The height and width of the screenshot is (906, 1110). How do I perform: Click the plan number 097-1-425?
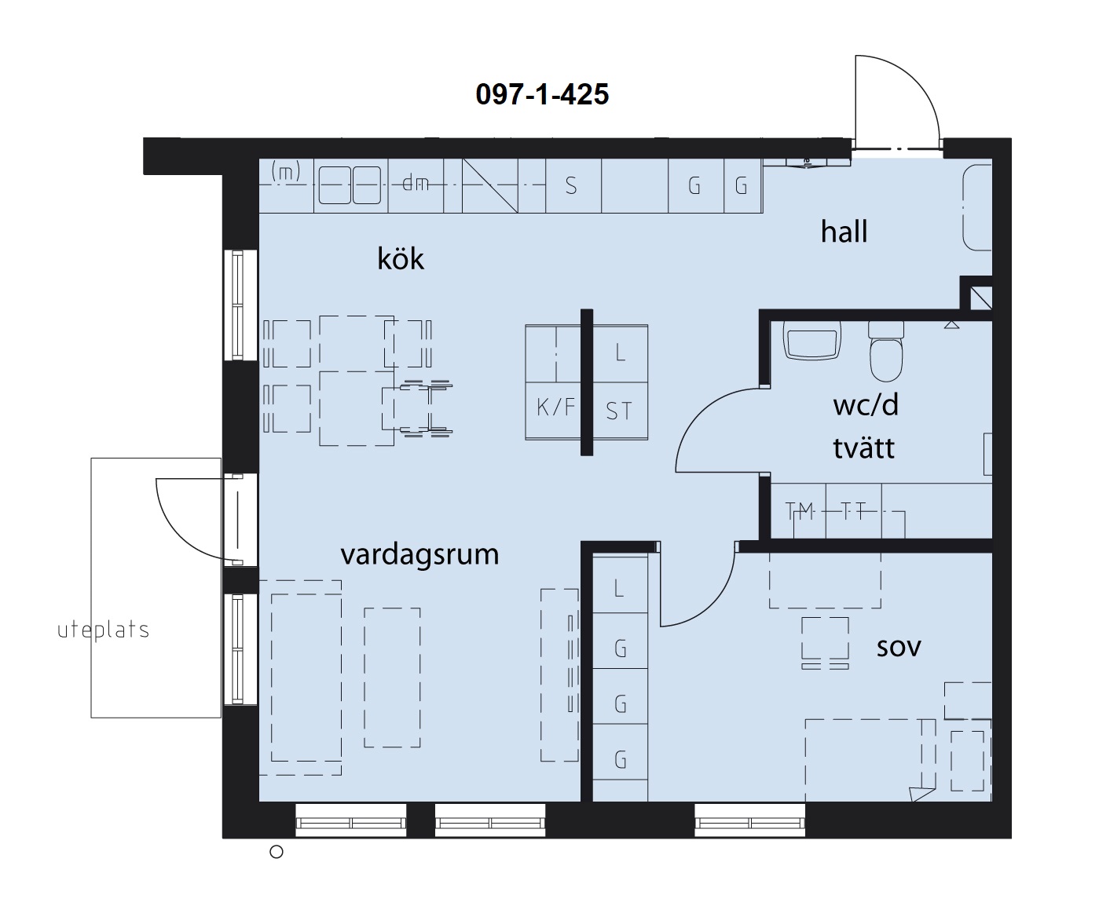click(541, 95)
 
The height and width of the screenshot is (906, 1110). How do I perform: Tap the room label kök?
click(401, 259)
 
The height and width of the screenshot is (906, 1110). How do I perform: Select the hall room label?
click(844, 232)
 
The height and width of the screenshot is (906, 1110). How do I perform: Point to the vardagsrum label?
click(419, 554)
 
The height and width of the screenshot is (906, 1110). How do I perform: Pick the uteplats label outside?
click(103, 630)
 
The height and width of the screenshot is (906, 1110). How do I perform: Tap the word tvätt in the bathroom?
click(863, 448)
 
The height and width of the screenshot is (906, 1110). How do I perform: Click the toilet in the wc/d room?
click(886, 351)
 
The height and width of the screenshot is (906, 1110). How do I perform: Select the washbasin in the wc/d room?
click(811, 341)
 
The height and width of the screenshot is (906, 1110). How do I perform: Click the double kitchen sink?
click(350, 185)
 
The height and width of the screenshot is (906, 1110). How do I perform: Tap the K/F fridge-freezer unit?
click(555, 407)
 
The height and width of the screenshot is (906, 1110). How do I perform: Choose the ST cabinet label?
click(618, 411)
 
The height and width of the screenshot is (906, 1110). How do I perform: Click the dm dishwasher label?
click(416, 184)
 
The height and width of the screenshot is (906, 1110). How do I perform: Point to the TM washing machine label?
click(800, 511)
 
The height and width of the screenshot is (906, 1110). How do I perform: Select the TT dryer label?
click(853, 510)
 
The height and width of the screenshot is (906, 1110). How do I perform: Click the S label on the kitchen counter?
click(571, 186)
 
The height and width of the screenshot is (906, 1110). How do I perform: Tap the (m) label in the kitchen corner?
click(285, 171)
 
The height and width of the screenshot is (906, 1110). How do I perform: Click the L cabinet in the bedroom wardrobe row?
click(620, 588)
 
